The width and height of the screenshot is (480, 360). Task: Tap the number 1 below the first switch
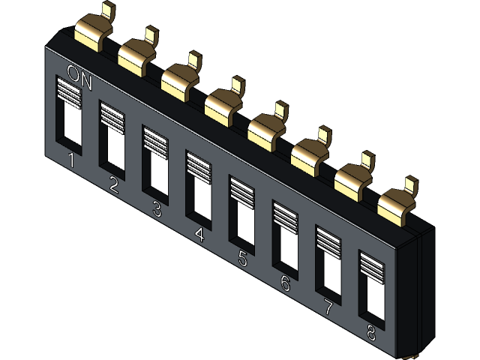pos(71,160)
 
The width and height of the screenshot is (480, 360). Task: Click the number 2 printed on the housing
pos(114,184)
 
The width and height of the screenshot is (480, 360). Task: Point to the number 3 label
pos(157,209)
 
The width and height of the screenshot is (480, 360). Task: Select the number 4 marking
pos(199,235)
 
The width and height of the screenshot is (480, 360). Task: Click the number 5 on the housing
pos(242,259)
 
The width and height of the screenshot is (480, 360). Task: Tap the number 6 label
pos(285,283)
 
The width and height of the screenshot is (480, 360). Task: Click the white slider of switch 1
pos(71,124)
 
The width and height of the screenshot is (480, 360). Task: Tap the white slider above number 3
pos(157,173)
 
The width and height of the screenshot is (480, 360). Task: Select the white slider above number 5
pos(243,223)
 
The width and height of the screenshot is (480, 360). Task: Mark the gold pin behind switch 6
pos(310,150)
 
